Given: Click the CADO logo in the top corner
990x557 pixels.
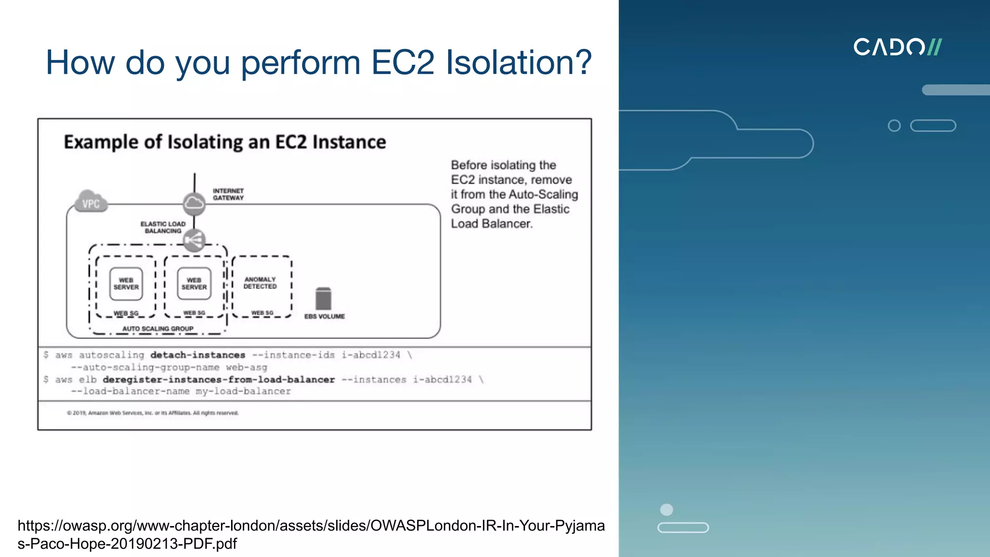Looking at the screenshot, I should pyautogui.click(x=897, y=47).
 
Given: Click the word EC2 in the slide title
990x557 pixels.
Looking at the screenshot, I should pyautogui.click(x=403, y=62).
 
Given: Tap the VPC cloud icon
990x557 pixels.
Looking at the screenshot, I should pyautogui.click(x=90, y=203).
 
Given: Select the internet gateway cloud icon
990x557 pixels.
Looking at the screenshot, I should pyautogui.click(x=194, y=203).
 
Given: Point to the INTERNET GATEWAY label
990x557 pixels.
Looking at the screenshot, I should pyautogui.click(x=228, y=194).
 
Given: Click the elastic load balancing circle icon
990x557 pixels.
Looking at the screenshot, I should pyautogui.click(x=194, y=240).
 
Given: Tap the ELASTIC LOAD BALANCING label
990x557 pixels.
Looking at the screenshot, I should pyautogui.click(x=163, y=227).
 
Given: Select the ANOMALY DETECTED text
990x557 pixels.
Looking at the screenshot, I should pyautogui.click(x=260, y=283).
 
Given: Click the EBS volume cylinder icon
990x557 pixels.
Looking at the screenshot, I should pyautogui.click(x=323, y=298).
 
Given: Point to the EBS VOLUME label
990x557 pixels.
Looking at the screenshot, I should pyautogui.click(x=324, y=316).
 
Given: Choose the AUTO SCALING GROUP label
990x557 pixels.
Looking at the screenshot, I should pyautogui.click(x=158, y=329).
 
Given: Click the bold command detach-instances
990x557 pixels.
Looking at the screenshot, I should pyautogui.click(x=198, y=355).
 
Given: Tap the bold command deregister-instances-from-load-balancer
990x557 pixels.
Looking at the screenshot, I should pyautogui.click(x=218, y=380).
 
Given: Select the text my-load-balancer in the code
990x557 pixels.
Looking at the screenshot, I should pyautogui.click(x=243, y=391).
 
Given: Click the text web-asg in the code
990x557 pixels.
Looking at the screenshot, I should pyautogui.click(x=247, y=367).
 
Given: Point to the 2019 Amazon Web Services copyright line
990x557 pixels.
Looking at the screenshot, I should pyautogui.click(x=153, y=413).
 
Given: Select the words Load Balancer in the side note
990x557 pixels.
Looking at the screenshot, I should pyautogui.click(x=492, y=224).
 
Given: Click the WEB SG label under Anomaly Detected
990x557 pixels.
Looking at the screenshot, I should pyautogui.click(x=262, y=313).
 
